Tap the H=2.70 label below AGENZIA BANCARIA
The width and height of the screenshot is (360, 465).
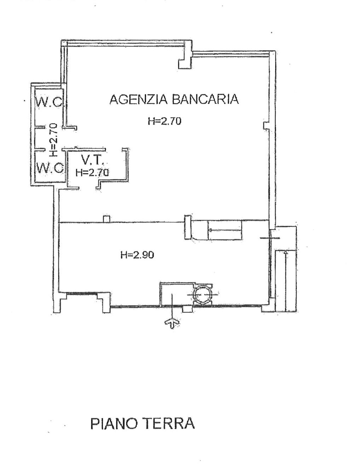(x=165, y=121)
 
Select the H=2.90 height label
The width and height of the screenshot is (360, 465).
(x=137, y=255)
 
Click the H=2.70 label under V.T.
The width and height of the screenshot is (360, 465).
(x=92, y=172)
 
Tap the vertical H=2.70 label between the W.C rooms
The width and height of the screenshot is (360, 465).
(x=53, y=139)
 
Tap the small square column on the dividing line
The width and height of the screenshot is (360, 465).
(x=107, y=219)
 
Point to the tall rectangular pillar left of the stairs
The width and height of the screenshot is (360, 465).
(x=188, y=227)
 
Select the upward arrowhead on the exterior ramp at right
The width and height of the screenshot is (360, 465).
(x=286, y=253)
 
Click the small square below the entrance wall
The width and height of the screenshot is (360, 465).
(x=186, y=309)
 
